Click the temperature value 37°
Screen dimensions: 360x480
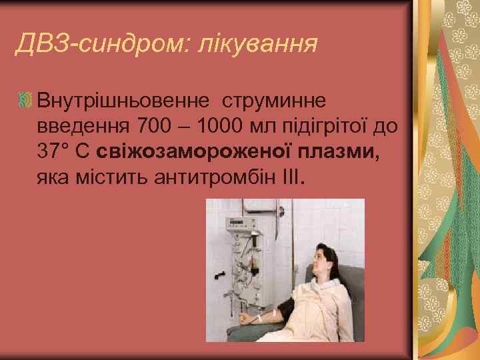point(55,151)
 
